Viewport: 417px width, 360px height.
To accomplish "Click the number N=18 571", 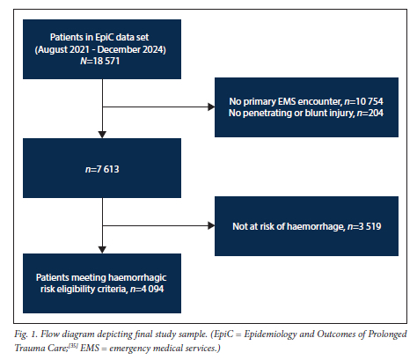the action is coord(100,61).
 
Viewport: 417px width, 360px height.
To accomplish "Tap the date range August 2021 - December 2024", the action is coord(100,49).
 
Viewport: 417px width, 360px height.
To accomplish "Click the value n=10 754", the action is coord(363,101).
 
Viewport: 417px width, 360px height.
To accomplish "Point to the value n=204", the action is coord(370,113).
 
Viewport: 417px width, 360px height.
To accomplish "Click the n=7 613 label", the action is coord(102,169).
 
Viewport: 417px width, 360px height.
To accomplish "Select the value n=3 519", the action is coord(364,226).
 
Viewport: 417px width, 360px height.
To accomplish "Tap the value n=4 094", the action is coord(147,289).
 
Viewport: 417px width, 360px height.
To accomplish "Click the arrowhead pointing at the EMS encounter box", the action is coord(211,107).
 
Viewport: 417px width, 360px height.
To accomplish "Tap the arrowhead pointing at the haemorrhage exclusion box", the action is coord(211,225).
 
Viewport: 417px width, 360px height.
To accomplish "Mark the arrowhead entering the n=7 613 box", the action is coord(102,135).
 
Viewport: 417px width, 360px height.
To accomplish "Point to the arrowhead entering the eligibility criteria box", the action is coord(102,250).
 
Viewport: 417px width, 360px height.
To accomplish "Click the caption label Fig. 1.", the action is coord(26,334).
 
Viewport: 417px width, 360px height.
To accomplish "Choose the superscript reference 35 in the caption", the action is coord(73,346).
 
